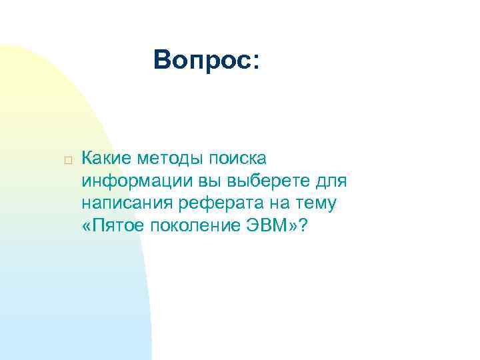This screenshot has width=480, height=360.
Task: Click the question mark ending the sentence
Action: click(x=304, y=226)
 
